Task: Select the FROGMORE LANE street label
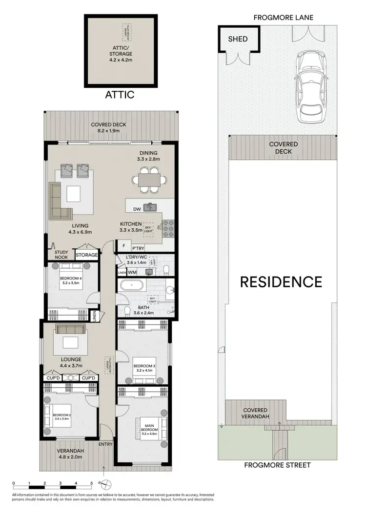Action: [284, 18]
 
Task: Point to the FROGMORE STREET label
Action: [278, 465]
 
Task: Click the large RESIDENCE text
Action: [281, 282]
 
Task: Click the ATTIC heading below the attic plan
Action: [120, 95]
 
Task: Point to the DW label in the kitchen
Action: [137, 209]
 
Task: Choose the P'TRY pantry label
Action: [138, 247]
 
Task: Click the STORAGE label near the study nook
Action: [87, 255]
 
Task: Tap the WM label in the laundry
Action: [132, 272]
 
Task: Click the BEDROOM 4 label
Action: [71, 279]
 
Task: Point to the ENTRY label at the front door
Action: [105, 444]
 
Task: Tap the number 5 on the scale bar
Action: [91, 483]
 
